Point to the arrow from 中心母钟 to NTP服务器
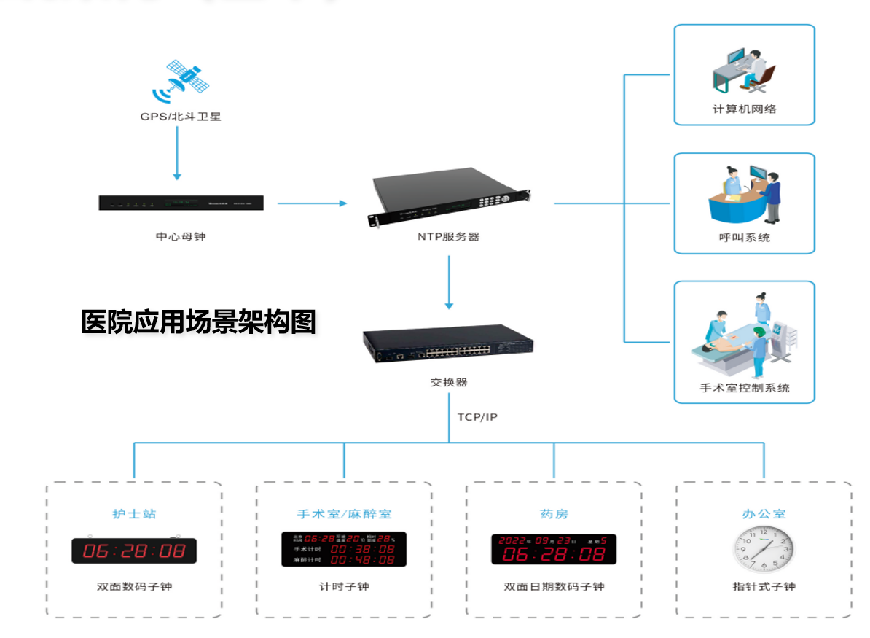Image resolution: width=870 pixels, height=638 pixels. [x=313, y=203]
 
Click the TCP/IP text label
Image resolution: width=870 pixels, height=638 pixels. [x=477, y=417]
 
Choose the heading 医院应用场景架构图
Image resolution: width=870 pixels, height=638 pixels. [x=198, y=322]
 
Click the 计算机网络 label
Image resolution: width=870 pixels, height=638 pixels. [x=744, y=109]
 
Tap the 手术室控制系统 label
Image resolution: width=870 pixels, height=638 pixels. [x=744, y=388]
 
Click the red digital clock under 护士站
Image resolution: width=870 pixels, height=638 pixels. [x=134, y=551]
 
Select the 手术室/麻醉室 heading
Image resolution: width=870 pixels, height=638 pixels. [x=344, y=514]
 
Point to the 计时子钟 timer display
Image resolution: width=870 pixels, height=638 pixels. [x=344, y=549]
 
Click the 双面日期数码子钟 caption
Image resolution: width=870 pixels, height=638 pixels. [x=554, y=586]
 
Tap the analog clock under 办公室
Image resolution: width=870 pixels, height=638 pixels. [x=763, y=549]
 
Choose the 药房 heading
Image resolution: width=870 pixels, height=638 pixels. [x=554, y=514]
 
